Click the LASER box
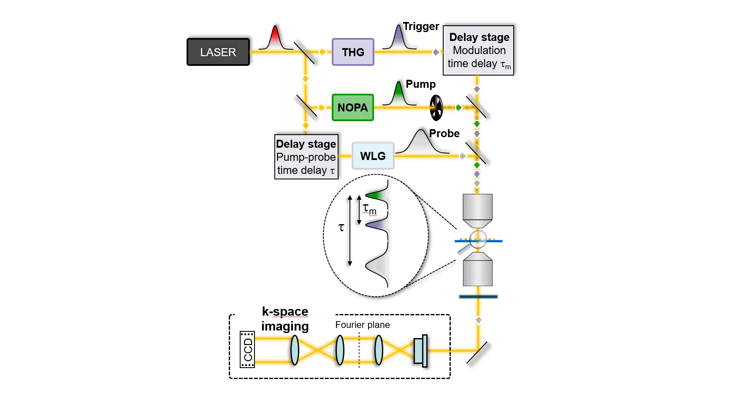[218, 52]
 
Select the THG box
[353, 52]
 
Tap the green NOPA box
[352, 108]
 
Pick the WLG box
[373, 156]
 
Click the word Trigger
[421, 27]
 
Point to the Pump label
[420, 84]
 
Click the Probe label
[444, 133]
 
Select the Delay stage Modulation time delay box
[479, 50]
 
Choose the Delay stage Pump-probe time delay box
[306, 157]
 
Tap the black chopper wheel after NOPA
[436, 108]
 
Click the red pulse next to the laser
[275, 38]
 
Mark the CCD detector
[247, 349]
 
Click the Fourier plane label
[362, 325]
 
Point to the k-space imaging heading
[285, 319]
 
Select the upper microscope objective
[477, 210]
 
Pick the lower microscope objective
[477, 270]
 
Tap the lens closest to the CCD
[295, 350]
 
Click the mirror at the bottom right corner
[477, 352]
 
